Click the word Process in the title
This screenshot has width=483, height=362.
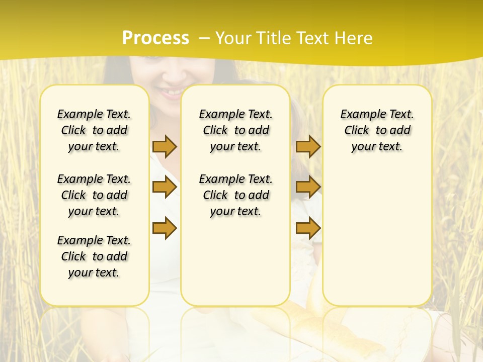[155, 38]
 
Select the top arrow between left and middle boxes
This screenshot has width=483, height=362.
[165, 146]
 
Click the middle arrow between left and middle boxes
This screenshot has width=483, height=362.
[165, 187]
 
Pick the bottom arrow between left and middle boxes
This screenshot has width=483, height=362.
[165, 228]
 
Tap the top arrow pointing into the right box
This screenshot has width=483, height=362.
[308, 146]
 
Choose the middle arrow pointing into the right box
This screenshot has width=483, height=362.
[308, 187]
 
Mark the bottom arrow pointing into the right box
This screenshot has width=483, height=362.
[308, 228]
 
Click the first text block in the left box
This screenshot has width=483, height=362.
[94, 130]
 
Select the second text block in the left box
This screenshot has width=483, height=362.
[94, 195]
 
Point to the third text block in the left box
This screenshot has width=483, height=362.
[94, 256]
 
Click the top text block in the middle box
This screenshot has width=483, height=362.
[235, 130]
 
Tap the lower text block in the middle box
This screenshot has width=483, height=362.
[235, 195]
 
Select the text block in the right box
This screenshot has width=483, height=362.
[377, 130]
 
